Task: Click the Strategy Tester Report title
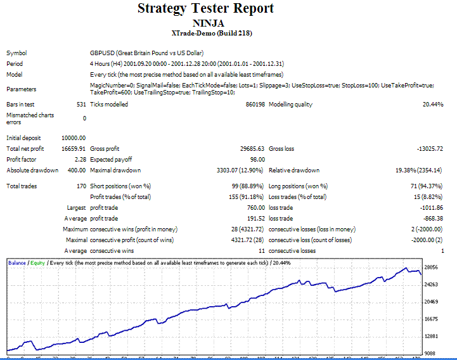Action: coord(206,8)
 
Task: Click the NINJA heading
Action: coord(206,23)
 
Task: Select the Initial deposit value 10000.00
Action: coord(73,138)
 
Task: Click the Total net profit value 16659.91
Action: coord(73,148)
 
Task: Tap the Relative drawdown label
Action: coord(294,170)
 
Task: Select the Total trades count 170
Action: coord(80,186)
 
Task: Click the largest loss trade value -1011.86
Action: coord(430,208)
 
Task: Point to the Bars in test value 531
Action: coord(80,105)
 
